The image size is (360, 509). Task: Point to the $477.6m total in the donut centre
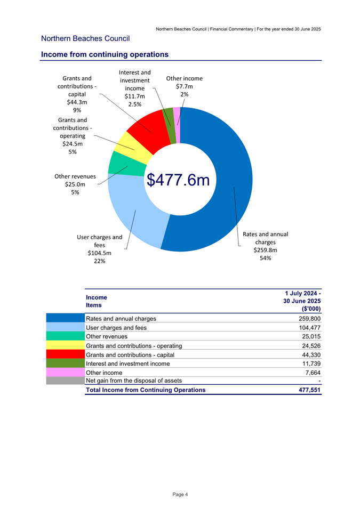[178, 180]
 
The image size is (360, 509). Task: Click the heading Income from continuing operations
[105, 54]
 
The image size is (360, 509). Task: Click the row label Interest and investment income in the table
[127, 363]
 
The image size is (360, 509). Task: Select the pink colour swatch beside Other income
[65, 373]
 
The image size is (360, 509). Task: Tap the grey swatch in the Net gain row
[65, 381]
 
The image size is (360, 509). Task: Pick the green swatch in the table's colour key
[65, 363]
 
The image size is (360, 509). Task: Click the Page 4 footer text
[180, 495]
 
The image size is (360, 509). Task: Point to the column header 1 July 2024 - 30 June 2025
[302, 301]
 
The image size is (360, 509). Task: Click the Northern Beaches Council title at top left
[85, 38]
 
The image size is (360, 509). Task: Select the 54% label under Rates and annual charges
[265, 258]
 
